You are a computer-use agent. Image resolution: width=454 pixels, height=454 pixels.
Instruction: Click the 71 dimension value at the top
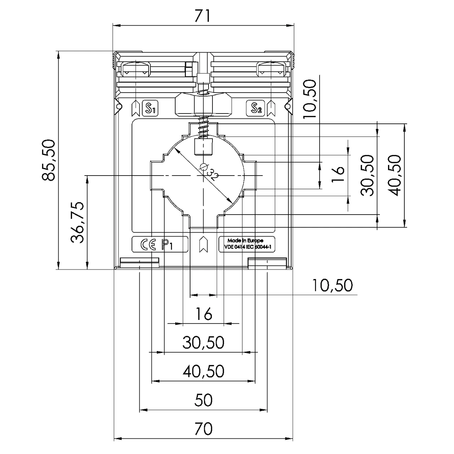pos(203,16)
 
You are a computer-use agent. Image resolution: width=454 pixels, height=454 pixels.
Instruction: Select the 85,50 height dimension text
pos(49,160)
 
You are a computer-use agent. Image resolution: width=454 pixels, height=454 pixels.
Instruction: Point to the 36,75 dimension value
pos(77,222)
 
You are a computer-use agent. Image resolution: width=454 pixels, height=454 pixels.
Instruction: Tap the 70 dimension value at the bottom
pos(203,428)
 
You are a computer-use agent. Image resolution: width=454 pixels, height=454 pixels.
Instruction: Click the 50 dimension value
pos(204,400)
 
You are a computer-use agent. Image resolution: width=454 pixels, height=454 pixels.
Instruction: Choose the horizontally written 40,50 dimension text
pos(204,371)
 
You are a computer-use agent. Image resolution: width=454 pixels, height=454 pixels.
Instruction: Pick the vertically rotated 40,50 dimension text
pos(395,175)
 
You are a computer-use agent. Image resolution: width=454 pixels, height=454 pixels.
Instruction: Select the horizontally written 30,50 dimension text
pos(204,343)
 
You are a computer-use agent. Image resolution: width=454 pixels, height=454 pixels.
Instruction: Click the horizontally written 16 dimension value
pos(204,314)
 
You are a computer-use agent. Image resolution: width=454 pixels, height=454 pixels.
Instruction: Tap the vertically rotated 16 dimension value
pos(339,170)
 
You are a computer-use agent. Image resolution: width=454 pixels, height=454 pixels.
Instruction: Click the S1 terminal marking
pos(150,109)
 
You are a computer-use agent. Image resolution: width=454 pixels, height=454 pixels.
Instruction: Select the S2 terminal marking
pos(256,109)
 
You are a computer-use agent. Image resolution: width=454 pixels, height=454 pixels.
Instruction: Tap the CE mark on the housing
pos(148,245)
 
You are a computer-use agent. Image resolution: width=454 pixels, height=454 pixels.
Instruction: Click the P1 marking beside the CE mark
pos(167,245)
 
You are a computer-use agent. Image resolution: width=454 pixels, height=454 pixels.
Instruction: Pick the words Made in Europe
pos(245,240)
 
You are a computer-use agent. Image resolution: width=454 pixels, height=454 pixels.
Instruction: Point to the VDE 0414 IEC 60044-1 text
pos(245,248)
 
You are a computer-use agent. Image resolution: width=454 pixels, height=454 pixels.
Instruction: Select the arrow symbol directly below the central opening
pos(203,244)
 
